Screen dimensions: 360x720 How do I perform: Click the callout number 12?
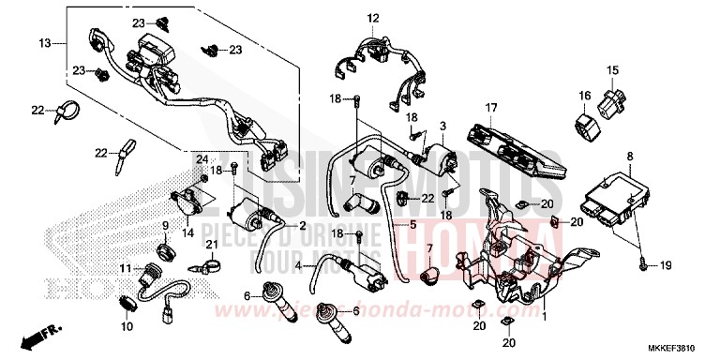(x=372, y=18)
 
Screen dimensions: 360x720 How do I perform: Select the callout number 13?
(x=44, y=43)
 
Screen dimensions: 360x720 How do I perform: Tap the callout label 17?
(x=490, y=108)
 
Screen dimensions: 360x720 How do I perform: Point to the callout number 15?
(x=612, y=70)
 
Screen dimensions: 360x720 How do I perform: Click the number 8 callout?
(x=629, y=156)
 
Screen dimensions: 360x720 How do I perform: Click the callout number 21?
(x=211, y=246)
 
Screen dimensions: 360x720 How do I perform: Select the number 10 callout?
(x=127, y=326)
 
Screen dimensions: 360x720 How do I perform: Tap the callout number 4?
(x=299, y=266)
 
